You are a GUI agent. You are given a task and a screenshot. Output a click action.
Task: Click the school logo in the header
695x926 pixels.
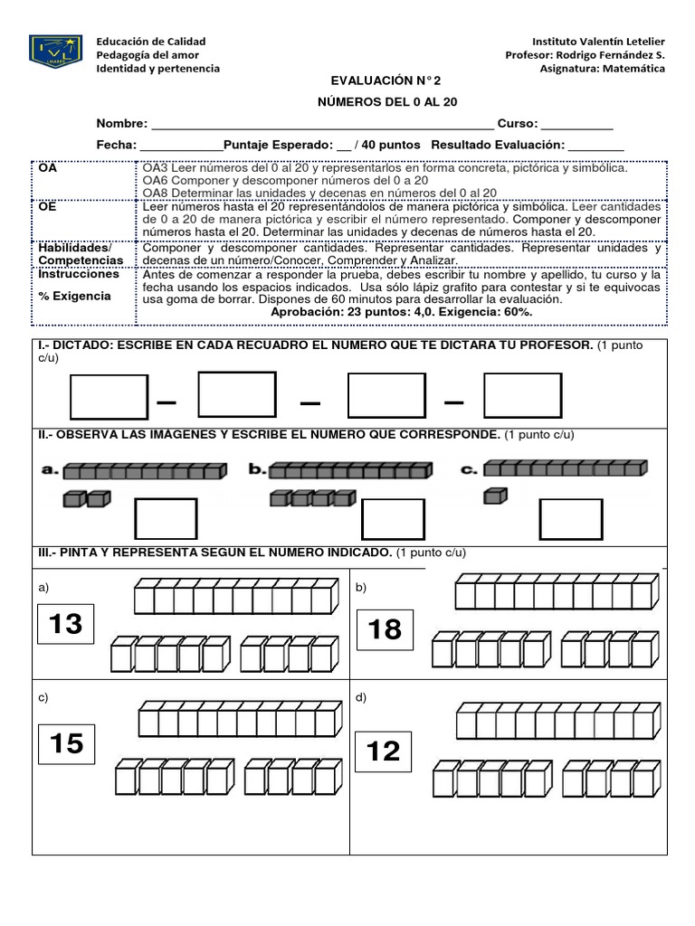tap(57, 52)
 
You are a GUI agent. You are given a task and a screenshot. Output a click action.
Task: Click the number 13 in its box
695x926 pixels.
tap(66, 624)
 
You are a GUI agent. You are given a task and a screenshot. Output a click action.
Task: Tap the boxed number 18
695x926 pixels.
tap(385, 628)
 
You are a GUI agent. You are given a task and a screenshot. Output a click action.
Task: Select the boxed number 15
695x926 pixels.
tap(66, 743)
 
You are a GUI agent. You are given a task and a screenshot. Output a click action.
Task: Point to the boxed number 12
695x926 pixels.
tap(384, 751)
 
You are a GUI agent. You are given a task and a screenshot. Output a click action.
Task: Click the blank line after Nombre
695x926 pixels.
tap(322, 125)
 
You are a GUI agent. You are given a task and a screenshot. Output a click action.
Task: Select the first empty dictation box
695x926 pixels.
tap(109, 398)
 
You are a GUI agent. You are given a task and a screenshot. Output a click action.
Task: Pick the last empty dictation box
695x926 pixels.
tap(522, 398)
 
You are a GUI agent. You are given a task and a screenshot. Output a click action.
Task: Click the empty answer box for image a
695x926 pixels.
tap(166, 518)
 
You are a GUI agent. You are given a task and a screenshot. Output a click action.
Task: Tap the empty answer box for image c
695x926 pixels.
tap(571, 518)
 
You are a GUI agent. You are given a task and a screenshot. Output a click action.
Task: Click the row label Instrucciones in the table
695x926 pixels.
tap(79, 274)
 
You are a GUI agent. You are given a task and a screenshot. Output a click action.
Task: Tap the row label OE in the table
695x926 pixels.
tap(48, 207)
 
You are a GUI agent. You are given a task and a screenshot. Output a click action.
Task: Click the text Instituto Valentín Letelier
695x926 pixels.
tap(598, 42)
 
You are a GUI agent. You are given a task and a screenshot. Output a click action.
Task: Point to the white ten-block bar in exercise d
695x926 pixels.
tap(555, 722)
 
